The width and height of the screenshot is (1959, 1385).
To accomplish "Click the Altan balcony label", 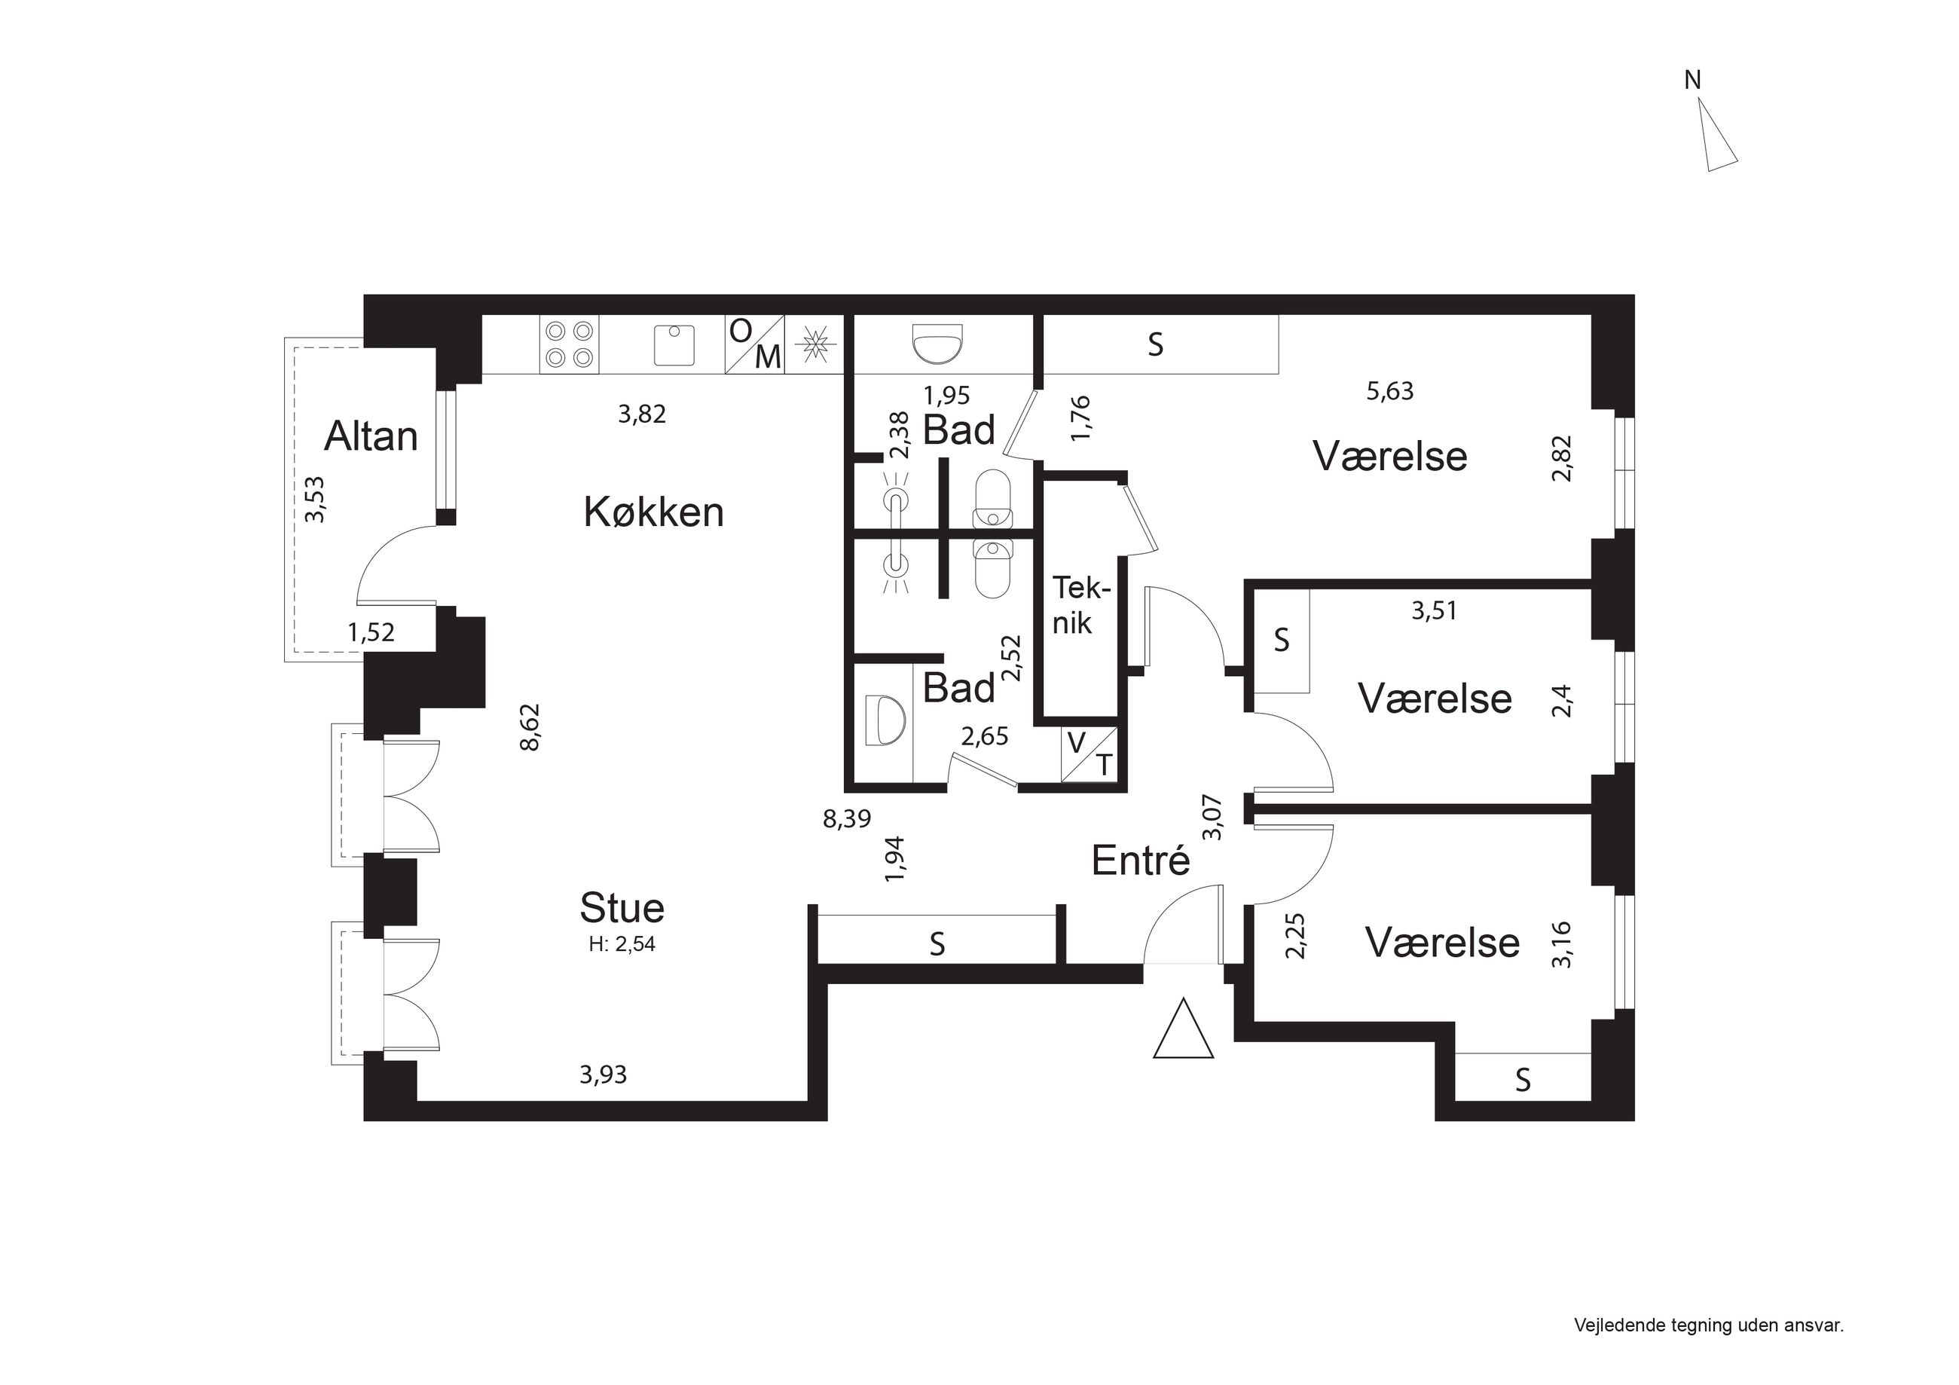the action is coord(371,436).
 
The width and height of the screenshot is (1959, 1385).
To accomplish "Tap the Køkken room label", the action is coord(653,512).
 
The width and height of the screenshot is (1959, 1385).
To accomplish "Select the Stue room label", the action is coord(622,907).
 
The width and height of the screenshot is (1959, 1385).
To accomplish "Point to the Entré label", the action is coord(1141,861).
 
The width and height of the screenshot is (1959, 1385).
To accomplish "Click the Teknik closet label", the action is coord(1081,605).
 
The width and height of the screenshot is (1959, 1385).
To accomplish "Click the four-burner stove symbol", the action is coord(569,344).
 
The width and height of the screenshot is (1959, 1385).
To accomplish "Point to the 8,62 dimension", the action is coord(530,726).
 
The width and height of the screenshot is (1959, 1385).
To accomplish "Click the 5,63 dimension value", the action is coord(1390,391).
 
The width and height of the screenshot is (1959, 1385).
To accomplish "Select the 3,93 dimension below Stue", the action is coord(604,1075).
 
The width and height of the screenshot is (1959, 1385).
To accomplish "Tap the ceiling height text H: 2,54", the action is coord(622,944).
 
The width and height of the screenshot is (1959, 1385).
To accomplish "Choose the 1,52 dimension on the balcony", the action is coord(371,632).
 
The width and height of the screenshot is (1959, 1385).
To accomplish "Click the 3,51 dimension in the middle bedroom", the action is coord(1435,610).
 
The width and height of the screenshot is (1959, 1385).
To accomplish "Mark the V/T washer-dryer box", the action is coord(1090,754).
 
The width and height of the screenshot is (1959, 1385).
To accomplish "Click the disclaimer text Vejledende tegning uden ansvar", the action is coord(1709,1325).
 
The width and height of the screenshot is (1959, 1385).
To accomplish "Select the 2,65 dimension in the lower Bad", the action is coord(985,735).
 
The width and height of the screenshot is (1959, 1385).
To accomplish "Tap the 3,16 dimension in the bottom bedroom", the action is coord(1561,945).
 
